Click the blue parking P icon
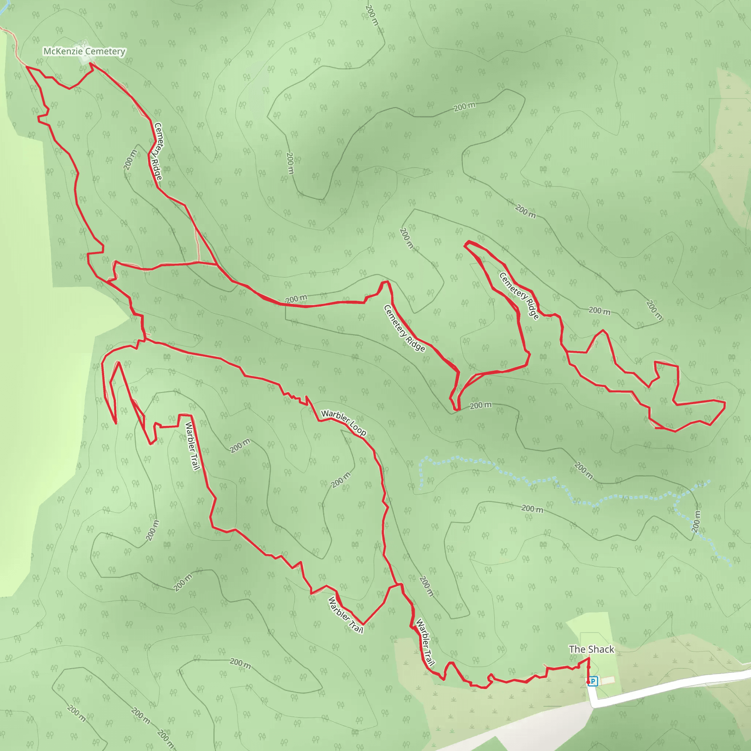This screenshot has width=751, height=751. [593, 681]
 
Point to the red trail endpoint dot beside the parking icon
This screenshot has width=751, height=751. [588, 682]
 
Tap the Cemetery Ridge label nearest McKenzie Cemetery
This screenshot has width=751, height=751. [158, 151]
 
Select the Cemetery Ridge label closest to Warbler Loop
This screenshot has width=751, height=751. [404, 329]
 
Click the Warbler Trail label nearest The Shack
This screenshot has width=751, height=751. [425, 642]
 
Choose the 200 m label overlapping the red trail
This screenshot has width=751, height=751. [296, 299]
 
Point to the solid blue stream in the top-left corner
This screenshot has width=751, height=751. [4, 8]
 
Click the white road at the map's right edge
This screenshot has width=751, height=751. [739, 675]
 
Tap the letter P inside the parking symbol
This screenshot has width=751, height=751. [593, 681]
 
